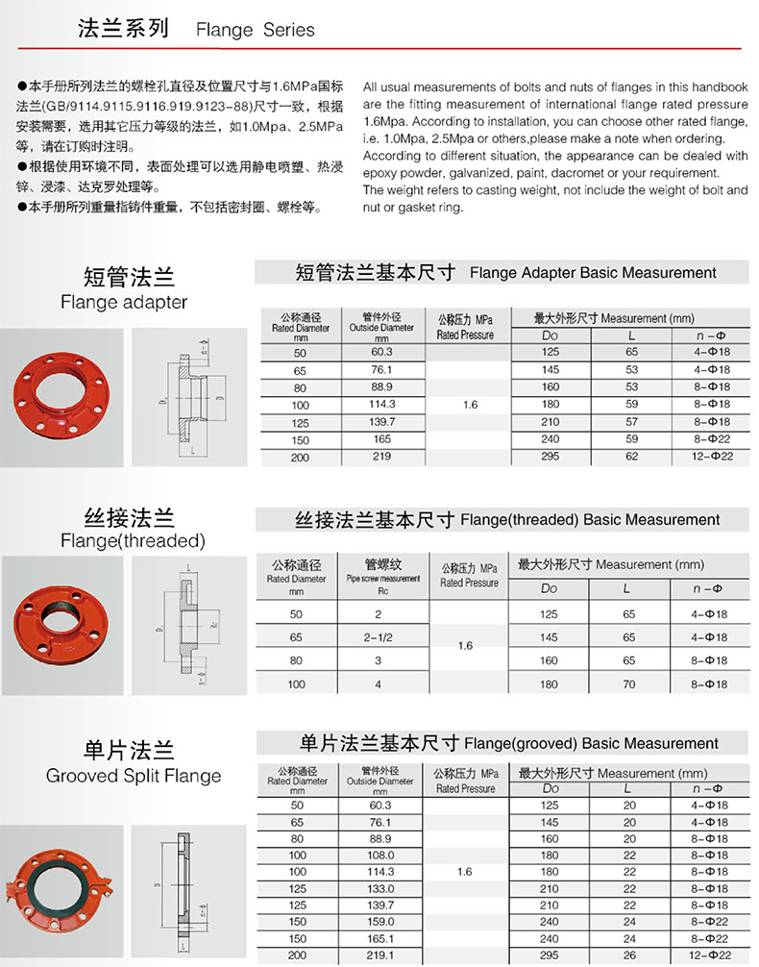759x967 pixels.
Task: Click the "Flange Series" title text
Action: pos(255,30)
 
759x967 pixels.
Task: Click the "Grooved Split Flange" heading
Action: pos(134,776)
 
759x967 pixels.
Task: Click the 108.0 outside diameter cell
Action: pos(380,855)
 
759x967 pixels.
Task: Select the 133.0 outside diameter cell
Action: pos(380,888)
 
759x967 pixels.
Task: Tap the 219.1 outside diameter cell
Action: pos(380,955)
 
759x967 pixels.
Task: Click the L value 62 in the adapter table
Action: pos(630,457)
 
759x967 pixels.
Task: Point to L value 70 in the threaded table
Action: pos(628,684)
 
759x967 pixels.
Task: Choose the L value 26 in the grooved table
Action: pos(629,955)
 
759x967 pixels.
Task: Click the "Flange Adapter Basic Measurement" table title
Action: pos(593,273)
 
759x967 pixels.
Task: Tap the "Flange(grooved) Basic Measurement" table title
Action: pos(590,743)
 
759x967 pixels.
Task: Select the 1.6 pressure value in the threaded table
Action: pos(465,646)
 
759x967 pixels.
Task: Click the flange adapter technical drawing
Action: pos(192,395)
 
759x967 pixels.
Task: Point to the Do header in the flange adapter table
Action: pos(550,335)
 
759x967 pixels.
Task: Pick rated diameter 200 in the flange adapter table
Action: pos(300,458)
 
